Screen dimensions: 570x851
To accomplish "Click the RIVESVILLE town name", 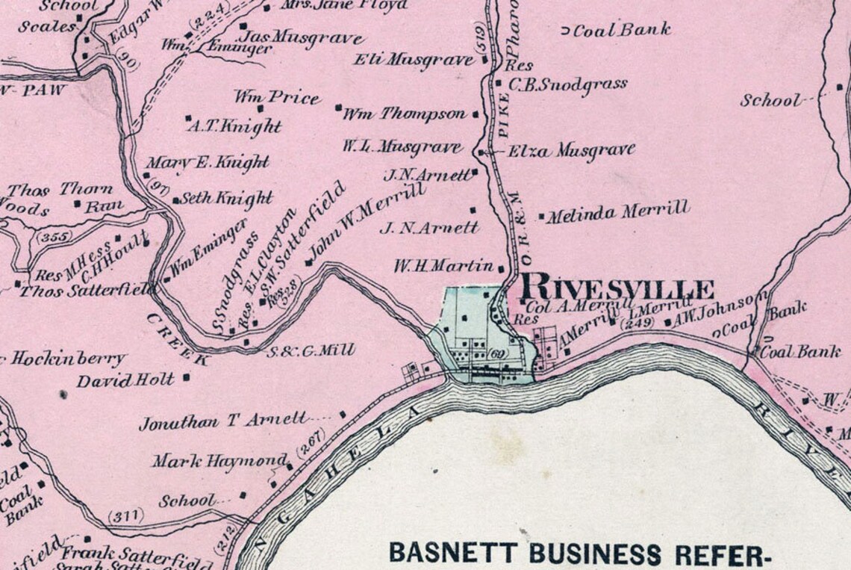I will (x=617, y=288).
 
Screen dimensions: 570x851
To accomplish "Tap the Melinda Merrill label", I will (x=617, y=213).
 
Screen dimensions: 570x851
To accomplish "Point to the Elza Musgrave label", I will (x=571, y=151).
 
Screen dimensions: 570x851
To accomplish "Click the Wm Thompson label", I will (x=404, y=114).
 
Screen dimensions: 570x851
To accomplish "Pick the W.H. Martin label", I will (x=443, y=265).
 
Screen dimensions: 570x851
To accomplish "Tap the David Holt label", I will (x=125, y=380).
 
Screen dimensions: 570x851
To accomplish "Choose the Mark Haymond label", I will (x=220, y=461).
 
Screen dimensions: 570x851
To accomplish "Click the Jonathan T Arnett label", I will (x=222, y=421).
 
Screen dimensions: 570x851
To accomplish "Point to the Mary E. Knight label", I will (x=207, y=162).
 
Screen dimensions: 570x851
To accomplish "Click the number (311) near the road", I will (x=124, y=515).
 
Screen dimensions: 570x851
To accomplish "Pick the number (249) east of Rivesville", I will (x=639, y=322).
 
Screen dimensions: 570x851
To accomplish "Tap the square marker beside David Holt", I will (x=186, y=377).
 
